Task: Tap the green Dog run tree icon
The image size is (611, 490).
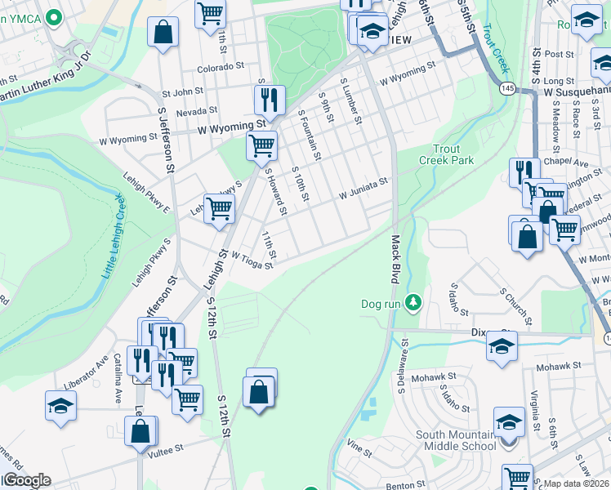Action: coord(414,303)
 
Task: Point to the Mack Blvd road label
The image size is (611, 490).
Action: coord(395,259)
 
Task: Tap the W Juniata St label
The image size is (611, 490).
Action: coord(363,195)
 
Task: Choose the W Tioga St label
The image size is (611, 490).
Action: coord(252,260)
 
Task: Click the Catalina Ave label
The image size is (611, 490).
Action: coord(118,369)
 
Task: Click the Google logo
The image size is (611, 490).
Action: coord(26,480)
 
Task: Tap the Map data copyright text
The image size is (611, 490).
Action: coord(577,483)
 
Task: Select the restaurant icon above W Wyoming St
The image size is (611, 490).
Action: coord(269,100)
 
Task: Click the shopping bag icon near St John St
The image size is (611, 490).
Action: coord(163,33)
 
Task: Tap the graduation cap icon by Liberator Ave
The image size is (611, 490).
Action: coord(61,406)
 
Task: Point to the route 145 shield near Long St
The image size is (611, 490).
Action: coord(508,89)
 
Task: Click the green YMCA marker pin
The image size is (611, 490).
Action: coord(55,16)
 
